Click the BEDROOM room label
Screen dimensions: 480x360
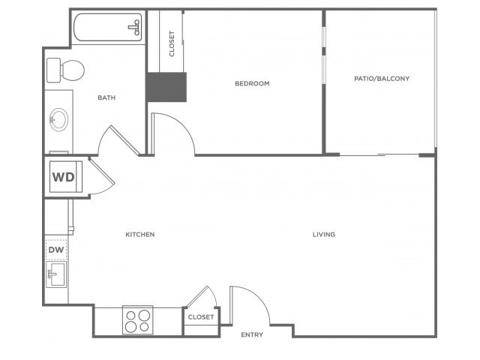click(252, 83)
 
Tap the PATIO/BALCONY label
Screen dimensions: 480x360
click(382, 79)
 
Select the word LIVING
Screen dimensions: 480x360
click(324, 235)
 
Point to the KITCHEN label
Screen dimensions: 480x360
click(140, 235)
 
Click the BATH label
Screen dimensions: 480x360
click(106, 97)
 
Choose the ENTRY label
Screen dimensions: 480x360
click(252, 334)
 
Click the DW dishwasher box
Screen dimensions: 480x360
click(56, 250)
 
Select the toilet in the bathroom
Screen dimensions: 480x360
click(65, 70)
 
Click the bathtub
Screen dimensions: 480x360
click(108, 27)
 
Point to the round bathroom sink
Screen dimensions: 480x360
click(59, 119)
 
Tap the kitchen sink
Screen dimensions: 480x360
click(56, 274)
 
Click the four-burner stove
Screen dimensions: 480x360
click(138, 320)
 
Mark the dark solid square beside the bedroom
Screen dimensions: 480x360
click(166, 87)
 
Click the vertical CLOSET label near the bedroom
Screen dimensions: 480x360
click(172, 43)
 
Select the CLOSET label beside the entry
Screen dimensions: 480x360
click(201, 317)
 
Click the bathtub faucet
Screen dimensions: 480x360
click(135, 28)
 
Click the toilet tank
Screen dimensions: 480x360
click(53, 70)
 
